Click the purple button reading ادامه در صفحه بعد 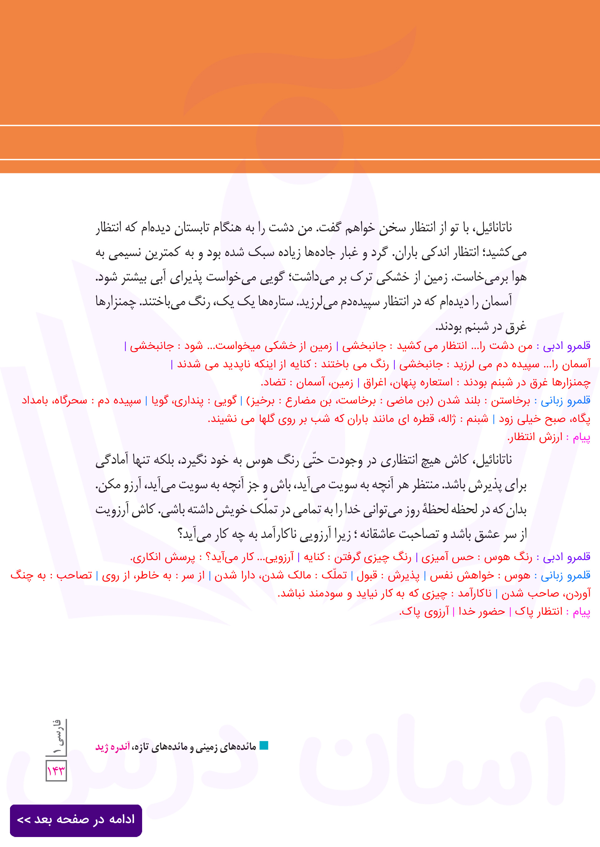pos(76,820)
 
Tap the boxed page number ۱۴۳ pos(56,771)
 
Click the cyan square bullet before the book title pos(264,745)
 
